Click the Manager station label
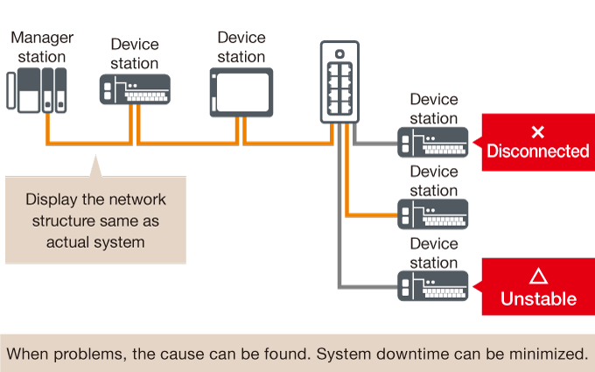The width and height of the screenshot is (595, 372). (42, 46)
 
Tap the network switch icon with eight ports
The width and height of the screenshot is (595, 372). (339, 82)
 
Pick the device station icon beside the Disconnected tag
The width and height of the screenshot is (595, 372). (433, 142)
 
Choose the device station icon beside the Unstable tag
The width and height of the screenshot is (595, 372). (433, 285)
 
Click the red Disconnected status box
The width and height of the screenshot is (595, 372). (537, 142)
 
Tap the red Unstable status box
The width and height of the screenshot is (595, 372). (537, 287)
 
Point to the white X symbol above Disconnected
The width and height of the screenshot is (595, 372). (538, 131)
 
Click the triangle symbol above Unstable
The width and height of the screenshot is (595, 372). (538, 276)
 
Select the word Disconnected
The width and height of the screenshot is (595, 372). (538, 151)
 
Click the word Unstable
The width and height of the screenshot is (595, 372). (538, 299)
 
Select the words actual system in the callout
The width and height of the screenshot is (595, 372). (94, 242)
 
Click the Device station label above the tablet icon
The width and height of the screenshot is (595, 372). (241, 47)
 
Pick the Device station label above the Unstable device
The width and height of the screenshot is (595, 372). (434, 254)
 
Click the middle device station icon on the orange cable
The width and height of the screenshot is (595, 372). (433, 214)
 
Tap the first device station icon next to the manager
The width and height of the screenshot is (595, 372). (135, 92)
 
